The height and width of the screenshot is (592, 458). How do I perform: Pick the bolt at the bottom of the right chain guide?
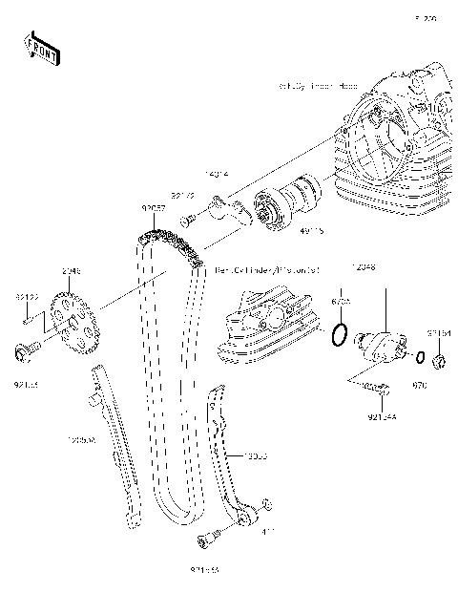(x=203, y=542)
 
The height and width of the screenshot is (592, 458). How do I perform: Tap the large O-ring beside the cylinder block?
(x=337, y=334)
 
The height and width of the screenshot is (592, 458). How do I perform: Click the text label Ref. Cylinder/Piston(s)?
(x=266, y=270)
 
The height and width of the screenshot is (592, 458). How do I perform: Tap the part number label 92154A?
(x=383, y=416)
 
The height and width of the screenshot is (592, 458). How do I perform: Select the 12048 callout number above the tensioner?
(x=364, y=269)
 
